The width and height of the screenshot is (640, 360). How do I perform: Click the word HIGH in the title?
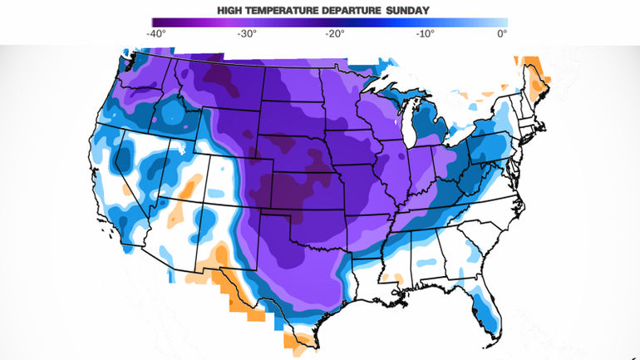232,10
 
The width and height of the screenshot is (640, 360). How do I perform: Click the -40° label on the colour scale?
155,34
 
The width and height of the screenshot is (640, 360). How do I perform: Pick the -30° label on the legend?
246,34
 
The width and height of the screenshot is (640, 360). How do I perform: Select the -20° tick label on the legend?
334,34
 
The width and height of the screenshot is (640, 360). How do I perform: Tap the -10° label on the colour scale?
423,34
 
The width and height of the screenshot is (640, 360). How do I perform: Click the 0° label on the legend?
501,34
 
